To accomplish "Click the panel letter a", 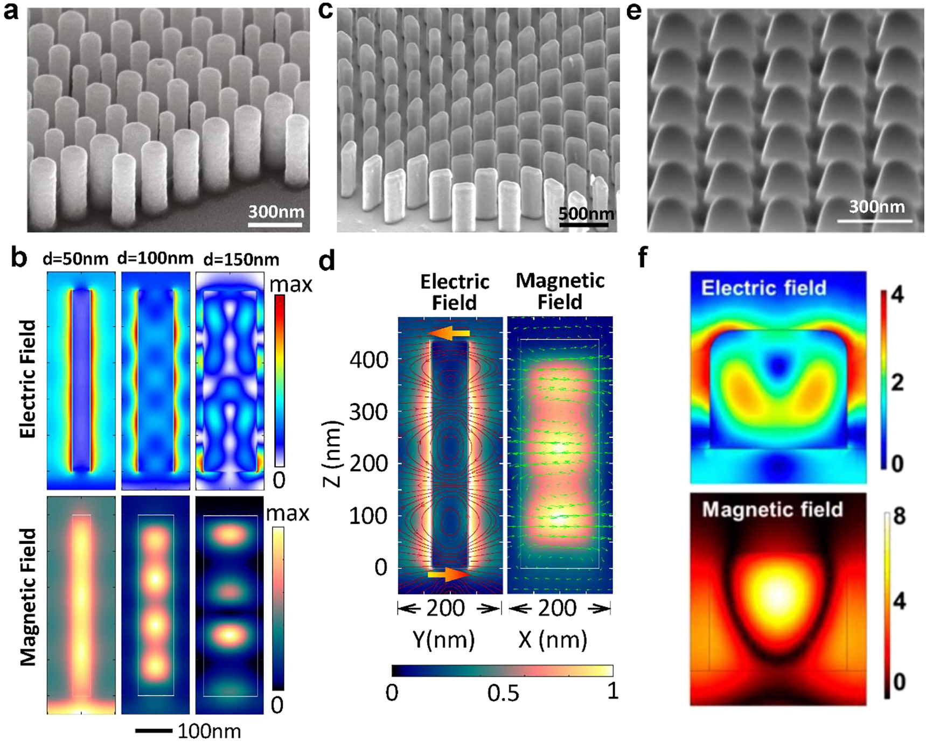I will pyautogui.click(x=11, y=12).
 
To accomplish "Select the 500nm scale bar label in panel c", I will pyautogui.click(x=586, y=214).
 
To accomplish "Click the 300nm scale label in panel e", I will pyautogui.click(x=876, y=207).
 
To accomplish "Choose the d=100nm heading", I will pyautogui.click(x=155, y=258).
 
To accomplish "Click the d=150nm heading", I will pyautogui.click(x=241, y=260).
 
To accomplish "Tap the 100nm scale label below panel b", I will pyautogui.click(x=209, y=731).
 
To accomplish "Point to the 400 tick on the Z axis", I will pyautogui.click(x=368, y=359).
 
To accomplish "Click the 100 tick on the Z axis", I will pyautogui.click(x=368, y=515).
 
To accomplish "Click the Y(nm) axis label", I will pyautogui.click(x=443, y=640).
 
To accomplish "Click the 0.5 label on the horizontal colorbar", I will pyautogui.click(x=503, y=694).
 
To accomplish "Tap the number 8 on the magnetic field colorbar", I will pyautogui.click(x=899, y=517).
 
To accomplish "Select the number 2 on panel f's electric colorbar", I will pyautogui.click(x=897, y=383).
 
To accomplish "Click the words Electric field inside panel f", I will pyautogui.click(x=763, y=288).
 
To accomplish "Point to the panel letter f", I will pyautogui.click(x=642, y=258).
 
